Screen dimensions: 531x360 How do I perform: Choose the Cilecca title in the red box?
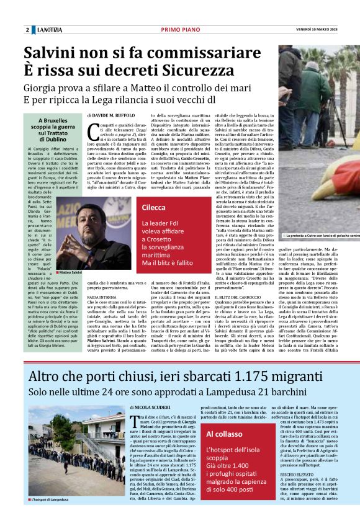154,208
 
